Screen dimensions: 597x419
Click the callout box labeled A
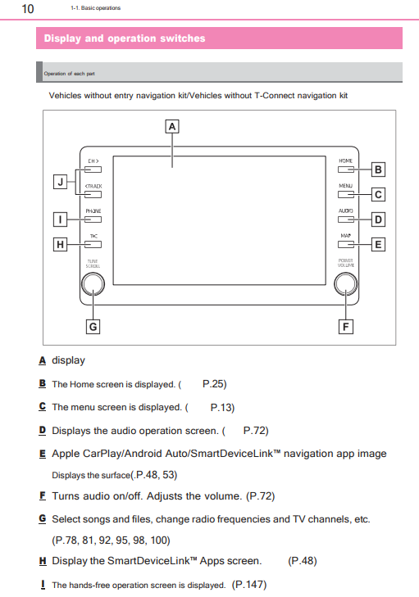click(x=172, y=127)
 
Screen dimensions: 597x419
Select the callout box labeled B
click(x=377, y=170)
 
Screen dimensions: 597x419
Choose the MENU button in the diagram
click(x=345, y=195)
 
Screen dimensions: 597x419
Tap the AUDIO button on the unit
click(x=345, y=219)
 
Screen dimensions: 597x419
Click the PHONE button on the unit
click(x=93, y=219)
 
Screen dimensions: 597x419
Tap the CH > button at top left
click(x=93, y=170)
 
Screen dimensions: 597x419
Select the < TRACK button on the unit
click(x=93, y=195)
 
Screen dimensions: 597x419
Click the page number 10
click(x=27, y=8)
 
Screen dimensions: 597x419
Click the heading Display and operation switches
click(x=125, y=38)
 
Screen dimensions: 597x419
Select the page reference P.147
click(x=249, y=585)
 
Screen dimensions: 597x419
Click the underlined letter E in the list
click(x=42, y=453)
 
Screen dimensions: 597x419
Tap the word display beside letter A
click(x=68, y=360)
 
